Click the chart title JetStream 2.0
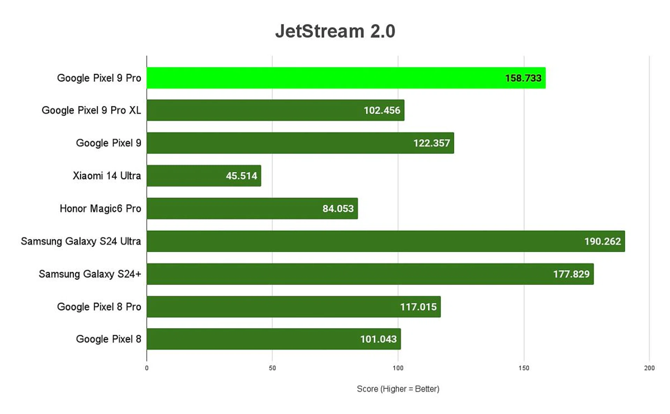pos(335,31)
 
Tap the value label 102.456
pos(382,111)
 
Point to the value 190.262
pos(602,241)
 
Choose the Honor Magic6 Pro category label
pos(100,209)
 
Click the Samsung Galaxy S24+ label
pos(90,274)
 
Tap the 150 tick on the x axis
pos(523,368)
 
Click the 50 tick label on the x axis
pos(272,368)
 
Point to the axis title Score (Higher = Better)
pos(398,389)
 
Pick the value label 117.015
pos(418,307)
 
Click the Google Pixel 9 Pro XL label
pos(91,111)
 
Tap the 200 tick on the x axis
pos(649,368)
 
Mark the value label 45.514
pos(241,176)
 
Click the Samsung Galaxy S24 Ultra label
pos(81,241)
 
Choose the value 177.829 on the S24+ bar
pos(571,274)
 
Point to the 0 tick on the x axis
pos(147,368)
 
